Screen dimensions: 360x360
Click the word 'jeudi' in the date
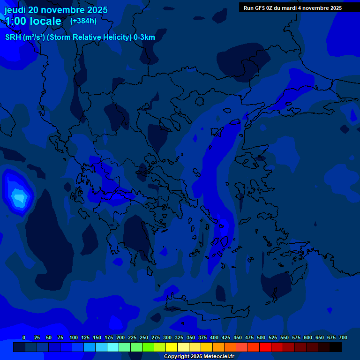tap(15, 10)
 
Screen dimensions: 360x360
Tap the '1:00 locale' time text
tap(33, 21)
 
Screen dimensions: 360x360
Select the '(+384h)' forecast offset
tap(83, 21)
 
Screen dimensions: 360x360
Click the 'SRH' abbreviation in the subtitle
tap(13, 37)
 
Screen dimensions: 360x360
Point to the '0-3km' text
tap(144, 37)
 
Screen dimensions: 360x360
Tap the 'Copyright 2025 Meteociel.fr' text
tap(199, 356)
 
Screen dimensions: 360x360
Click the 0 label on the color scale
tap(24, 337)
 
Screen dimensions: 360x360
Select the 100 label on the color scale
tap(74, 337)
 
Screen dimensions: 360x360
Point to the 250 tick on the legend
tap(144, 337)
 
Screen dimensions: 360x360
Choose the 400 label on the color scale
tap(214, 337)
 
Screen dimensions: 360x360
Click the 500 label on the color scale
tap(261, 337)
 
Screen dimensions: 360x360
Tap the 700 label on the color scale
tap(343, 337)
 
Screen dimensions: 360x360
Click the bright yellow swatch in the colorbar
tap(172, 347)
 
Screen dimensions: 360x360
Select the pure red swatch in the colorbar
tap(265, 347)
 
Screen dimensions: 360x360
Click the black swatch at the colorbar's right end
tap(336, 347)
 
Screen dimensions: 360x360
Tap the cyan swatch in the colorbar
tap(113, 347)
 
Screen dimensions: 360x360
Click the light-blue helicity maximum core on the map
tap(18, 197)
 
